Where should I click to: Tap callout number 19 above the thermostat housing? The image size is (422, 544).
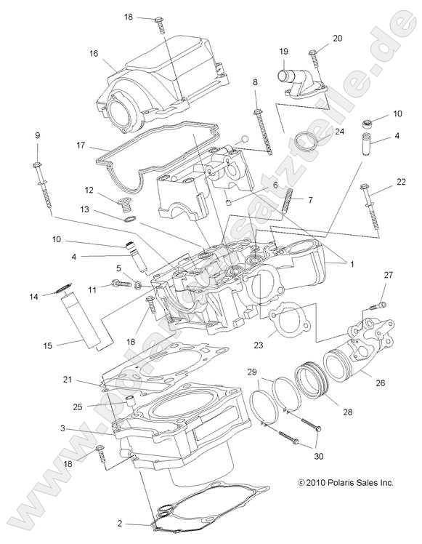(x=284, y=51)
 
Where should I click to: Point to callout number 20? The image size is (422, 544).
(x=337, y=38)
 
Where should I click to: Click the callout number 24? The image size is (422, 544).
(x=339, y=132)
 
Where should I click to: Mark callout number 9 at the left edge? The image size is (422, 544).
(x=38, y=135)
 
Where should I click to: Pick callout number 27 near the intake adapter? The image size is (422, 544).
(x=388, y=274)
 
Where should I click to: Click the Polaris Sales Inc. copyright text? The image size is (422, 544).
(x=345, y=482)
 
